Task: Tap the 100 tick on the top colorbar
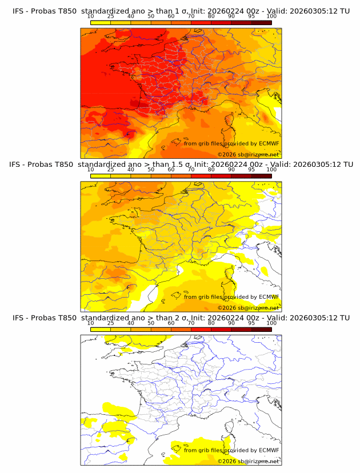point(271,16)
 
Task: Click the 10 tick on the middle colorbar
point(91,170)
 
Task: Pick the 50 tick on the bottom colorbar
point(151,323)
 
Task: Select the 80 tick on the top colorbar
point(211,16)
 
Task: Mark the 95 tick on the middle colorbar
point(251,170)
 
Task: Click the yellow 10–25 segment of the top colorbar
point(101,22)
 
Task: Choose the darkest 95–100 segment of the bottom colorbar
point(261,329)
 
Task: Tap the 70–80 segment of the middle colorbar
point(201,175)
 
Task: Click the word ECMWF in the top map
point(269,143)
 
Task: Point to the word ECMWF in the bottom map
point(269,451)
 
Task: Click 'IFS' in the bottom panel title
point(19,318)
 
